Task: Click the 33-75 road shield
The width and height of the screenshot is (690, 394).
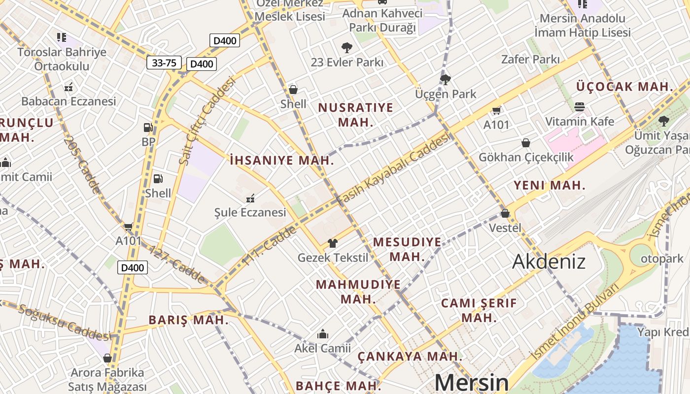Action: click(164, 63)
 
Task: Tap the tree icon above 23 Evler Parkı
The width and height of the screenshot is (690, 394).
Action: click(347, 48)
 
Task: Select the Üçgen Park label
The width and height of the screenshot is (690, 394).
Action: click(446, 94)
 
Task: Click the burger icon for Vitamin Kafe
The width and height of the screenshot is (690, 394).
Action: click(580, 107)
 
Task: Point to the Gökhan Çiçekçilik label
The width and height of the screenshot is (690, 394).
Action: click(526, 157)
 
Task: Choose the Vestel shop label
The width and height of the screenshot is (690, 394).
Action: click(505, 228)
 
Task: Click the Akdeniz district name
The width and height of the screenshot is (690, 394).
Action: click(549, 262)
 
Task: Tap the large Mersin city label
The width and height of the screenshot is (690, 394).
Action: click(471, 383)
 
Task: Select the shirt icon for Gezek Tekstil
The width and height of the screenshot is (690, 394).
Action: click(333, 243)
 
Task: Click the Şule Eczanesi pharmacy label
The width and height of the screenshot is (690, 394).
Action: click(250, 212)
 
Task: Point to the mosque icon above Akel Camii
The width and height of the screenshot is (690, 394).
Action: click(323, 334)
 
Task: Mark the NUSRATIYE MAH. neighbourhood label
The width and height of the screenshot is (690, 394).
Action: click(356, 115)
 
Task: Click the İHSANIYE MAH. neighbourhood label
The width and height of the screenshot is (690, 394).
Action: click(282, 160)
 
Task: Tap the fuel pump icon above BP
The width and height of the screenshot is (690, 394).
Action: click(148, 128)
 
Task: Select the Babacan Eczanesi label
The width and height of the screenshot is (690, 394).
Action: click(69, 101)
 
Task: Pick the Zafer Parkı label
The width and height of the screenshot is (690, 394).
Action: click(530, 60)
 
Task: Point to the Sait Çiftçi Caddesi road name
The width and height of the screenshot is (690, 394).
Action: click(207, 120)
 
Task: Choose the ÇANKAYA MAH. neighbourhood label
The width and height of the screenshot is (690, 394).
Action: click(410, 356)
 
